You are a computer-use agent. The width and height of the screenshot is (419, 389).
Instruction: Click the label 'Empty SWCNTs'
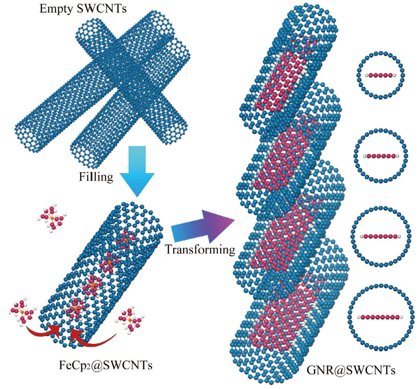pos(83,9)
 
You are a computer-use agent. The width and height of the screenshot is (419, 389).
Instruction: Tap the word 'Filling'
pos(96,177)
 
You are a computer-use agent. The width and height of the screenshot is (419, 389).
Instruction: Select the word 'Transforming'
pos(200,250)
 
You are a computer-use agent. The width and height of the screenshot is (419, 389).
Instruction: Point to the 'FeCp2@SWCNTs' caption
pos(105,365)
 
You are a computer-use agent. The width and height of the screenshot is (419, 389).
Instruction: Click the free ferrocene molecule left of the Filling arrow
pos(52,218)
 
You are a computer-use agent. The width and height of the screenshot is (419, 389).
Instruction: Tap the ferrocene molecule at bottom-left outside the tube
pos(23,311)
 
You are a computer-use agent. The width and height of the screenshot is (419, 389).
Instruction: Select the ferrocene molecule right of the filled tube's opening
pos(131,321)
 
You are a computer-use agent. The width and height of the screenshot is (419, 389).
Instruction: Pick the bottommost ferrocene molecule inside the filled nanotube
pos(76,309)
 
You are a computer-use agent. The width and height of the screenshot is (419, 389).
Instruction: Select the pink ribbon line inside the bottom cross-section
pos(380,317)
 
